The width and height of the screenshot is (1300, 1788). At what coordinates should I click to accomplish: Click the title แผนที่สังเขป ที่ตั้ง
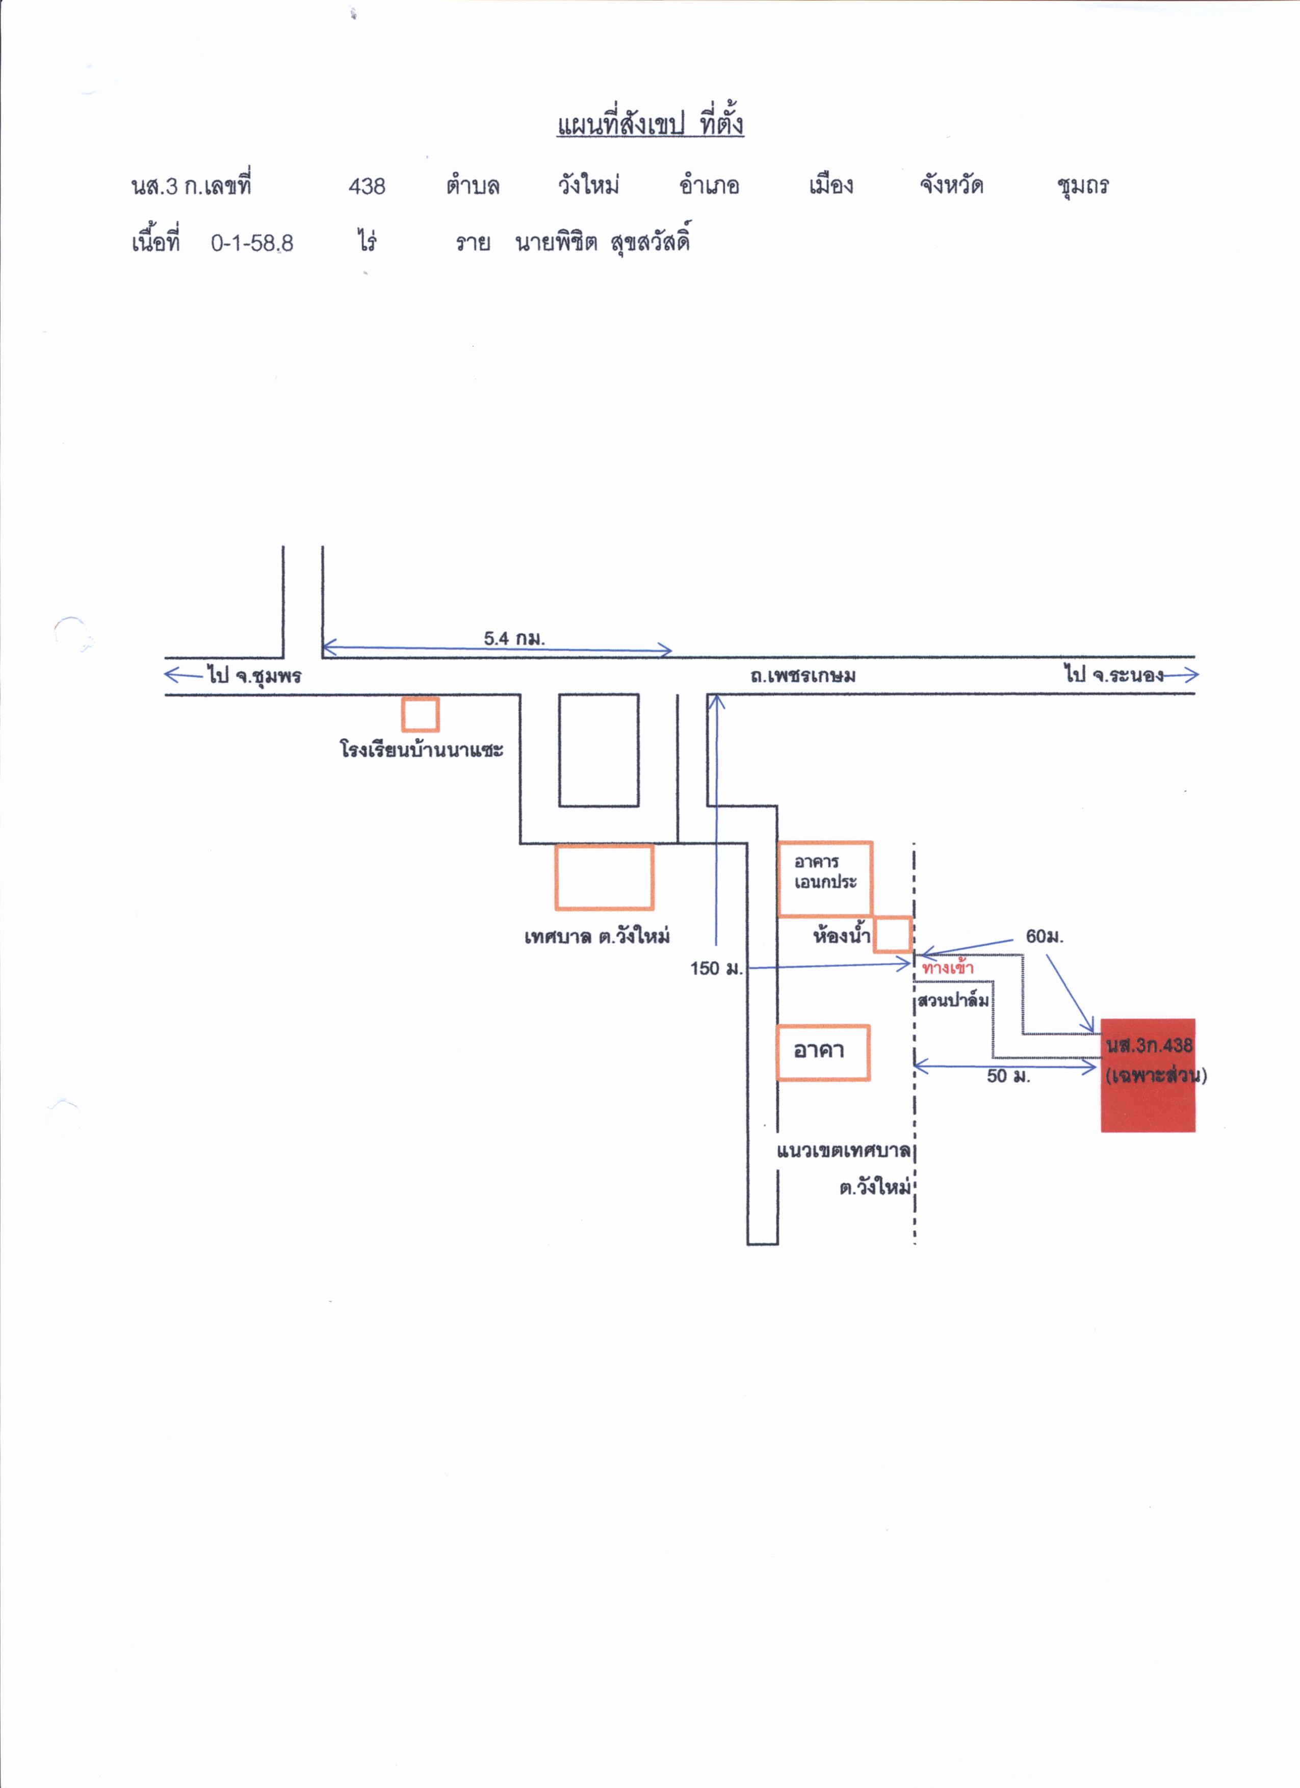tap(651, 124)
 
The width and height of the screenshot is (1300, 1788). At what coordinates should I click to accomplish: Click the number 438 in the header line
tap(367, 186)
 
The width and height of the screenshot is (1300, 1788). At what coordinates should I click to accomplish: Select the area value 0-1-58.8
tap(251, 243)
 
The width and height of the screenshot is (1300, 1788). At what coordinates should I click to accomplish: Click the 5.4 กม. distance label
tap(514, 638)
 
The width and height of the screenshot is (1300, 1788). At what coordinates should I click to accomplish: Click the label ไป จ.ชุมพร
tap(254, 676)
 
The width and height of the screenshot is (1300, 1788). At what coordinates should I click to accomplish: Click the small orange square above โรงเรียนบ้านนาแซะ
tap(420, 714)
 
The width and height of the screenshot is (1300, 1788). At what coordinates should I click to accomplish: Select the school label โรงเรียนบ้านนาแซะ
tap(422, 748)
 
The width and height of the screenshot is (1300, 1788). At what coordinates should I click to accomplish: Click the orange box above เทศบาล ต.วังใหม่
tap(604, 876)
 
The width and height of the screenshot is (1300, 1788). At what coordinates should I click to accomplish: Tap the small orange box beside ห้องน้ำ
tap(893, 934)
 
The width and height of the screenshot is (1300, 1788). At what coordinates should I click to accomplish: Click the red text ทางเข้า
tap(948, 967)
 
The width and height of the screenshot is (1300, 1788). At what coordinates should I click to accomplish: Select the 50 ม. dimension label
tap(1008, 1076)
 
